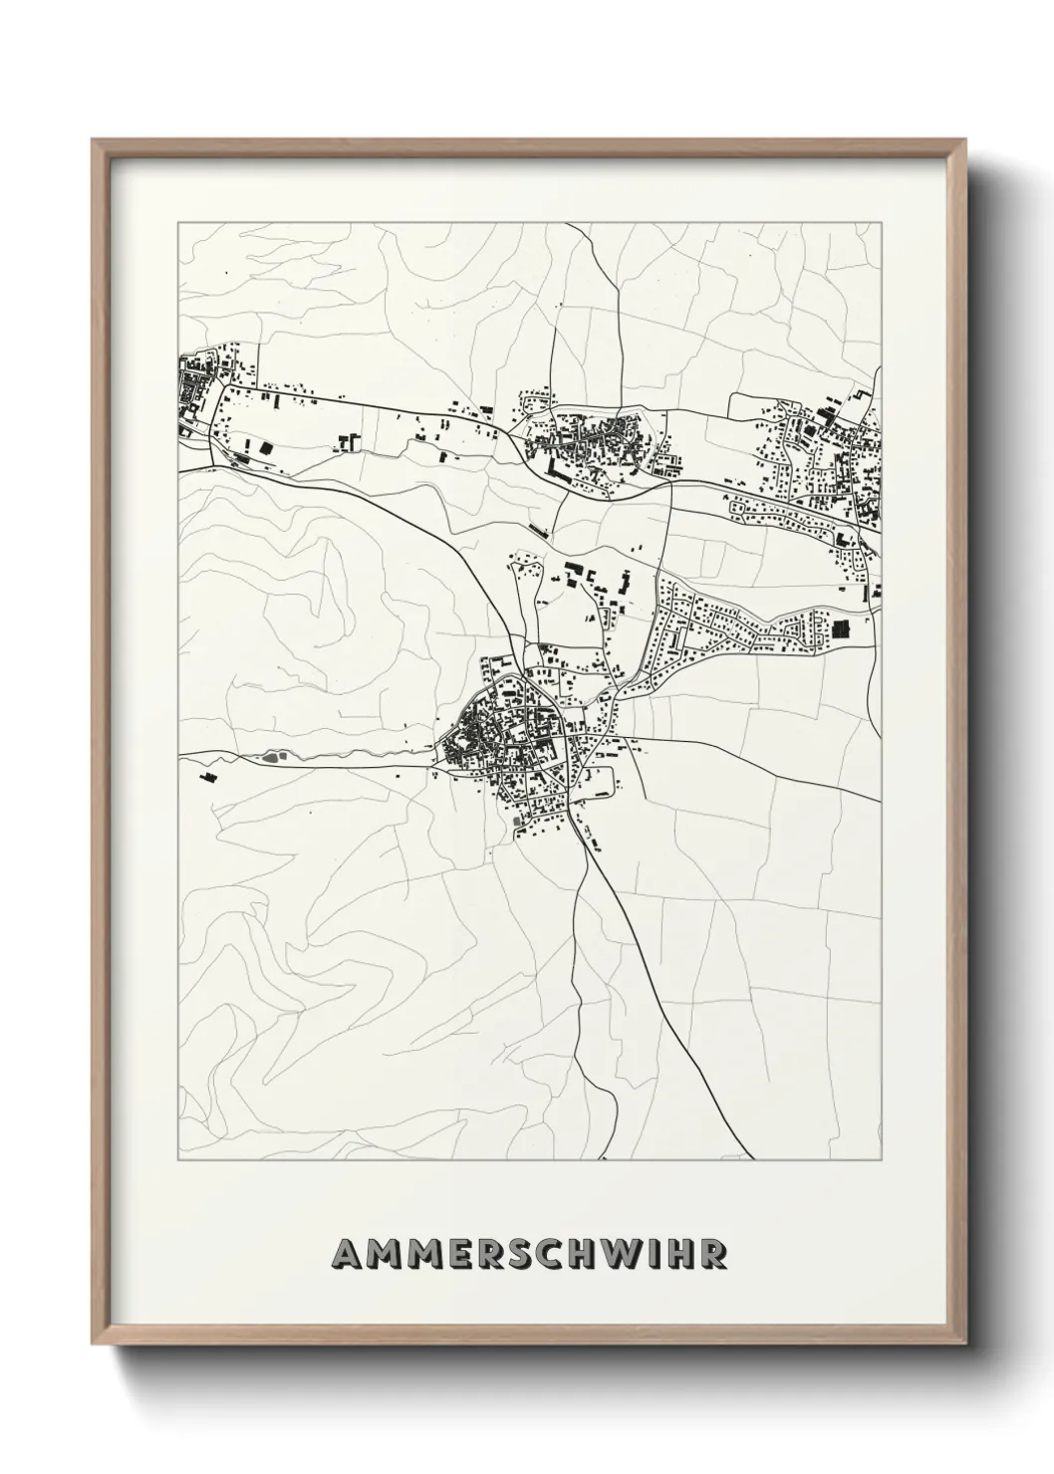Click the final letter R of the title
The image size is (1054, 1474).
click(713, 1254)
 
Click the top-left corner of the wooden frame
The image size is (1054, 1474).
click(93, 140)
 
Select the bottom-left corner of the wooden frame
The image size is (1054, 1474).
click(93, 1345)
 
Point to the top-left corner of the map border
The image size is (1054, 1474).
click(178, 223)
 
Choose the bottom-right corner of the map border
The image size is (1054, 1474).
click(881, 1159)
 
